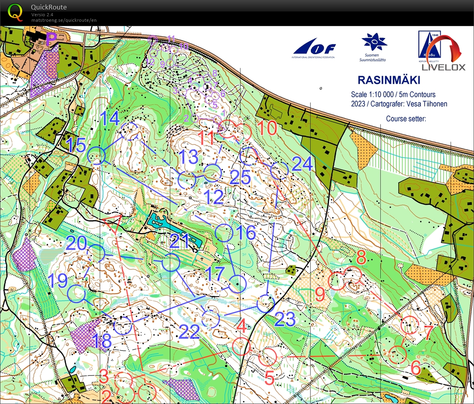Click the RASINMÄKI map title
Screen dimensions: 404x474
388,80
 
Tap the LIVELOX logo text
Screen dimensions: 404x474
443,67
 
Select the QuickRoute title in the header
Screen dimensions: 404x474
49,7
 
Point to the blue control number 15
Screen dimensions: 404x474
76,145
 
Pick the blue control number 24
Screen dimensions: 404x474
302,164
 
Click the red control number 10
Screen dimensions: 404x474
267,128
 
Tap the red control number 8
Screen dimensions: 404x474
361,258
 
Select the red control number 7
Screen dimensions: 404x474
428,332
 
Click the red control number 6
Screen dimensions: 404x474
415,368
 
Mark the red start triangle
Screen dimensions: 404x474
113,224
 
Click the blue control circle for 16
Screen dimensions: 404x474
223,233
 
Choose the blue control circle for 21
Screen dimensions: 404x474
171,263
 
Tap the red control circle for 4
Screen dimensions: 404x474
241,347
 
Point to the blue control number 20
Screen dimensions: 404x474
76,243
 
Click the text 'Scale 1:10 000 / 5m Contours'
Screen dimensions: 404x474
393,94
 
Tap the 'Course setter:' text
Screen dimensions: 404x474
406,118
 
